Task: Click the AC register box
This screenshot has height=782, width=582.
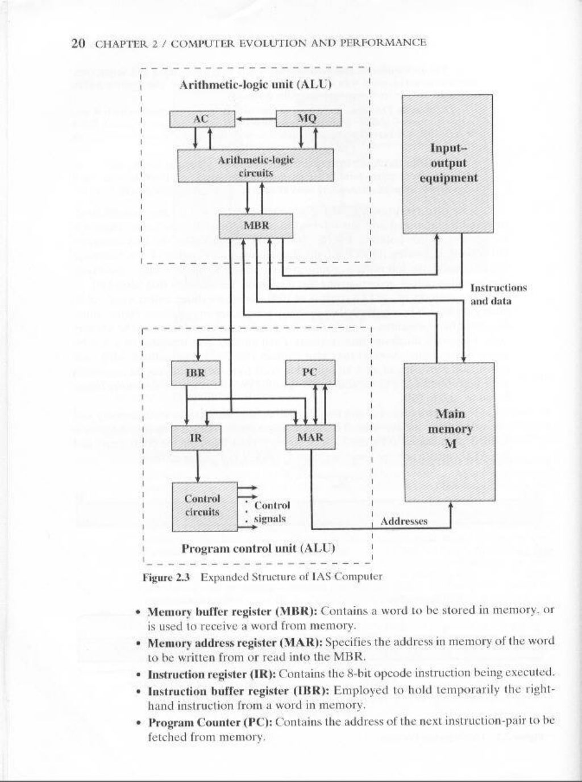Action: pyautogui.click(x=202, y=119)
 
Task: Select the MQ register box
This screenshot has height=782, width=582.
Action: pyautogui.click(x=308, y=119)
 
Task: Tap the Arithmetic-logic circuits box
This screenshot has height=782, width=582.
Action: pyautogui.click(x=256, y=165)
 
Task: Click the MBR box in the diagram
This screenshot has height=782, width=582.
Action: pyautogui.click(x=256, y=225)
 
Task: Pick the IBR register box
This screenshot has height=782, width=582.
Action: pyautogui.click(x=196, y=373)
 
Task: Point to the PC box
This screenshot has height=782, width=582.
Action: pyautogui.click(x=310, y=373)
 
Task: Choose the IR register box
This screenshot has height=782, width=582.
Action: pyautogui.click(x=196, y=438)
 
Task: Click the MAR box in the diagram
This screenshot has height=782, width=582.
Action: pyautogui.click(x=310, y=437)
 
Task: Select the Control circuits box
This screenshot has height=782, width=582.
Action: pyautogui.click(x=204, y=506)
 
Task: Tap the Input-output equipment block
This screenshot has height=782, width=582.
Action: pyautogui.click(x=448, y=163)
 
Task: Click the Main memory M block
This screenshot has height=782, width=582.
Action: pyautogui.click(x=449, y=432)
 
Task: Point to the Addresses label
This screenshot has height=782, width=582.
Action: pyautogui.click(x=404, y=521)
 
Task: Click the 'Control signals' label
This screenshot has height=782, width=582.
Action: pyautogui.click(x=271, y=511)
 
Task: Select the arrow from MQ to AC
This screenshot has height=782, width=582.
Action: pyautogui.click(x=255, y=119)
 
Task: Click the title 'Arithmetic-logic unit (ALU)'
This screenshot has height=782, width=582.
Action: pyautogui.click(x=255, y=85)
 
